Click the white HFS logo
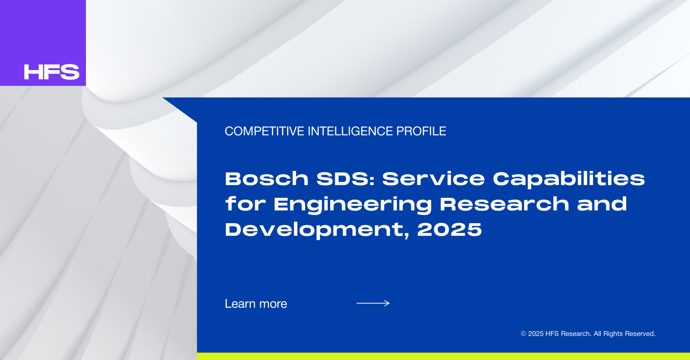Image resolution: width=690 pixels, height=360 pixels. [x=52, y=72]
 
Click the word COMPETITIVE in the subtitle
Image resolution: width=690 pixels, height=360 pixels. [x=264, y=131]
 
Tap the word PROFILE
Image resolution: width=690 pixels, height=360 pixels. [x=421, y=131]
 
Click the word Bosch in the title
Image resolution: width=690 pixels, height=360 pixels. [x=267, y=179]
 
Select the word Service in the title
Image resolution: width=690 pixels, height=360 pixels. [x=433, y=179]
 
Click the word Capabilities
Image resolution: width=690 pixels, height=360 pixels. [x=569, y=179]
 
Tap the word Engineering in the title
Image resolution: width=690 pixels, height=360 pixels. [x=353, y=205]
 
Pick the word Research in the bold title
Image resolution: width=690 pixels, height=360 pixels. [x=505, y=204]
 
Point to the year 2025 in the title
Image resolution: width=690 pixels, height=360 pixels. [x=449, y=230]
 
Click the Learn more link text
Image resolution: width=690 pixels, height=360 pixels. [x=256, y=304]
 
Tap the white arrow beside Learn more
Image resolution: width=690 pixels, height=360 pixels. [x=373, y=303]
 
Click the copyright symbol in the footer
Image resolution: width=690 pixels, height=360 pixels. [x=523, y=334]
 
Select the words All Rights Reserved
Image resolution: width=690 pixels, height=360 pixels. [x=625, y=334]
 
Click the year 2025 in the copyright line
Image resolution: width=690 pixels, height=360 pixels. [x=535, y=334]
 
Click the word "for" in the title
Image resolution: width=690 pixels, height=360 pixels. [x=245, y=204]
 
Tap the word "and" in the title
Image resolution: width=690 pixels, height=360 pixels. [x=602, y=204]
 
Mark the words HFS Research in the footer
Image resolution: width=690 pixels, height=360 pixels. [x=568, y=334]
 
